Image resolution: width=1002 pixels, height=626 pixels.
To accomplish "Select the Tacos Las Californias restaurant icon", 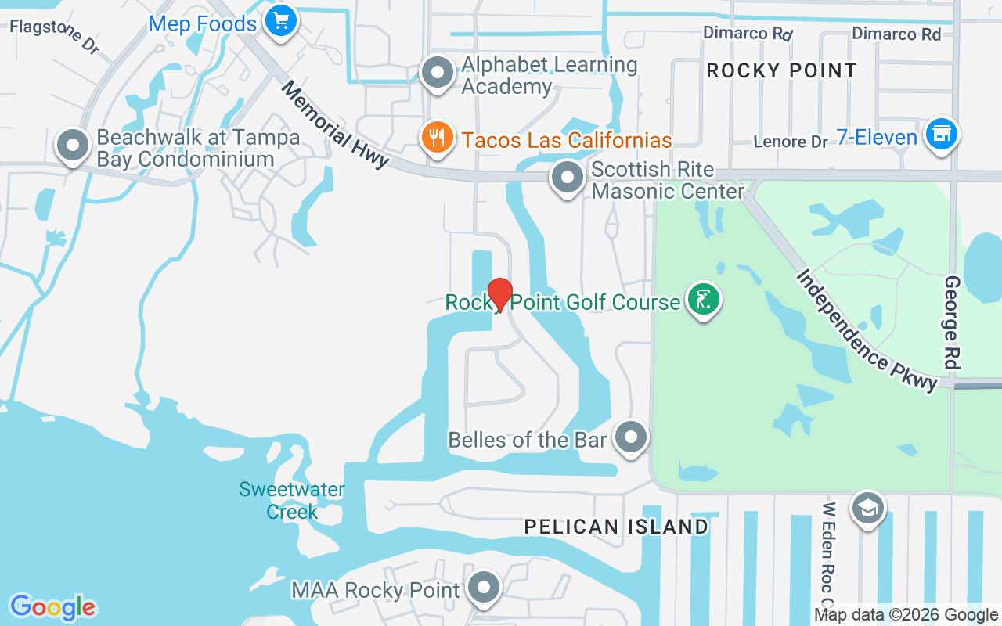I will pyautogui.click(x=438, y=138).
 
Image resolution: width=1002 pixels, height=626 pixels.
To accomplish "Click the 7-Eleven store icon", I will pyautogui.click(x=941, y=134).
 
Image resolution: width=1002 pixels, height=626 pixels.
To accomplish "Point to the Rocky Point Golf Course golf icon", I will pyautogui.click(x=703, y=300).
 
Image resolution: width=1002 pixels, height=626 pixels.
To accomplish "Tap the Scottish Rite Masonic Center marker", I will pyautogui.click(x=568, y=178).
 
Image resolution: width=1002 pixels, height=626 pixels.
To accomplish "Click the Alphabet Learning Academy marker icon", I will pyautogui.click(x=438, y=74).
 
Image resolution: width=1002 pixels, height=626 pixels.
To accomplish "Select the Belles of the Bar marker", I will pyautogui.click(x=631, y=437).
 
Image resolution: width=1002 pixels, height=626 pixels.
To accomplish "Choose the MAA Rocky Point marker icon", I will pyautogui.click(x=485, y=588).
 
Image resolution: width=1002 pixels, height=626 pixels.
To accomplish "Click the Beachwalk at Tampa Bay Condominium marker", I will pyautogui.click(x=73, y=146).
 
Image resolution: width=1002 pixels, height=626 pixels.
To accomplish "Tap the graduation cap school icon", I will pyautogui.click(x=867, y=509).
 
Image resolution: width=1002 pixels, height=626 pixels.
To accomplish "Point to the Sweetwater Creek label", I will pyautogui.click(x=292, y=501).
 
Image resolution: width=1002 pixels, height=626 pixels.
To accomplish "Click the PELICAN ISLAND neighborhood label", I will pyautogui.click(x=616, y=527).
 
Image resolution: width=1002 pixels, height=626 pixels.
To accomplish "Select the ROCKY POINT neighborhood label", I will pyautogui.click(x=781, y=70).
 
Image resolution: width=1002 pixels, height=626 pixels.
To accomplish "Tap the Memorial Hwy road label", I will pyautogui.click(x=335, y=124).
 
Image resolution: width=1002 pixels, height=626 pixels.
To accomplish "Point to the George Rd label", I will pyautogui.click(x=953, y=322).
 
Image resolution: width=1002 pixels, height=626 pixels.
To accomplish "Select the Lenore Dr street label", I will pyautogui.click(x=790, y=142).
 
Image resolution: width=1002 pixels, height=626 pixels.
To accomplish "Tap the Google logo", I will pyautogui.click(x=53, y=607).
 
